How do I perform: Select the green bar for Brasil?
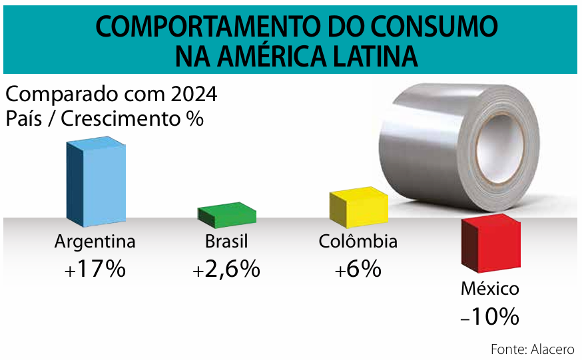click(227, 214)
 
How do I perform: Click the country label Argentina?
click(95, 241)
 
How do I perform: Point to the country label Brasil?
click(226, 241)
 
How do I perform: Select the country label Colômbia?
click(358, 241)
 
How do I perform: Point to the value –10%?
click(489, 317)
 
